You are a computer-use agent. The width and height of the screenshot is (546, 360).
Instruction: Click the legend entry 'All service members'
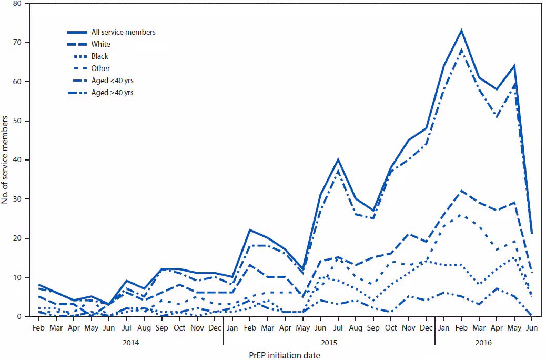[x=123, y=32]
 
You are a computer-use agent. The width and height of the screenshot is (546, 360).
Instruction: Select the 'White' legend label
[x=100, y=44]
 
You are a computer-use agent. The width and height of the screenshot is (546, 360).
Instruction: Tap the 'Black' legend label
[x=100, y=56]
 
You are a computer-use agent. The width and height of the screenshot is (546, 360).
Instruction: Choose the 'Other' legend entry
[x=100, y=68]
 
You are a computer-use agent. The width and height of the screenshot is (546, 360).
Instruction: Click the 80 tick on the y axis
[x=18, y=4]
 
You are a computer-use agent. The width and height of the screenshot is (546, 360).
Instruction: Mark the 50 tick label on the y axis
[x=18, y=121]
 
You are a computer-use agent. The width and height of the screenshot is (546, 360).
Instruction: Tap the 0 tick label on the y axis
[x=19, y=316]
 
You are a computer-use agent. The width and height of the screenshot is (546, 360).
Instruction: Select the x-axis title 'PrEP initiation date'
[x=285, y=355]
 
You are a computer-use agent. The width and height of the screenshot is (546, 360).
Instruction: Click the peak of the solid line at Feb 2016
[x=461, y=31]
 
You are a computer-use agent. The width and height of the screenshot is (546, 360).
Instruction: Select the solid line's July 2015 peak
[x=338, y=159]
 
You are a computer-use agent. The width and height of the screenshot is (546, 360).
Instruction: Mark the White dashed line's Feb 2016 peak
[x=461, y=191]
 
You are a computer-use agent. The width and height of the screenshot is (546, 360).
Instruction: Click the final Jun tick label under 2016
[x=532, y=327]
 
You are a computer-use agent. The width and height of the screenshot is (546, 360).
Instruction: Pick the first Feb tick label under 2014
[x=38, y=327]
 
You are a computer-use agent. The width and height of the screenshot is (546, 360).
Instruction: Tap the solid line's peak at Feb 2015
[x=249, y=230]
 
